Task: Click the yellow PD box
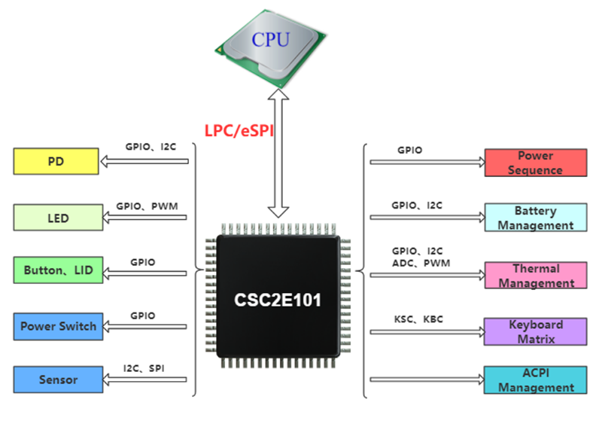pyautogui.click(x=56, y=161)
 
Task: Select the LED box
pyautogui.click(x=58, y=218)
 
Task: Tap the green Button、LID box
pyautogui.click(x=58, y=270)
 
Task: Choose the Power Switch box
pyautogui.click(x=58, y=326)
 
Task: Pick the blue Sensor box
pyautogui.click(x=58, y=380)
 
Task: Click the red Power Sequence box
pyautogui.click(x=535, y=163)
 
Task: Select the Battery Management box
pyautogui.click(x=535, y=218)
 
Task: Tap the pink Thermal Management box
pyautogui.click(x=535, y=276)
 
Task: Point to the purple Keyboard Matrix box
pyautogui.click(x=535, y=331)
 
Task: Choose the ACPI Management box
pyautogui.click(x=535, y=380)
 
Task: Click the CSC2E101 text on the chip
pyautogui.click(x=276, y=300)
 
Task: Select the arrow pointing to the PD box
pyautogui.click(x=143, y=160)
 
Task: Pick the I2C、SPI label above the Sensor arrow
pyautogui.click(x=144, y=368)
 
